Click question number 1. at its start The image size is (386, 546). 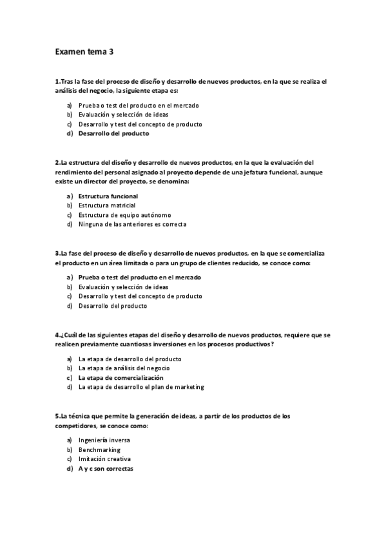point(58,82)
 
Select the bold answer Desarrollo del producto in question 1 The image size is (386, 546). point(113,134)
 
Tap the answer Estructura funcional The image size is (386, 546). point(108,196)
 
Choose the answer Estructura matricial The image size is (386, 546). point(107,205)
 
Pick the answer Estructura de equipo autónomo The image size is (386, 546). point(125,215)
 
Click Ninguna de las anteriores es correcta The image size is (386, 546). point(132,225)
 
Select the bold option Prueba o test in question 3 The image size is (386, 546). point(139,278)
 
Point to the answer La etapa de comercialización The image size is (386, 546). point(121,378)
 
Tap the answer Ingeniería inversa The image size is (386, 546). point(104,440)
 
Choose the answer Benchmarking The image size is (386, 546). point(99,450)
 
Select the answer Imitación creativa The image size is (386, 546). point(104,460)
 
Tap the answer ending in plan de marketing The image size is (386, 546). point(140,388)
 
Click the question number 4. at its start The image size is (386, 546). point(58,335)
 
